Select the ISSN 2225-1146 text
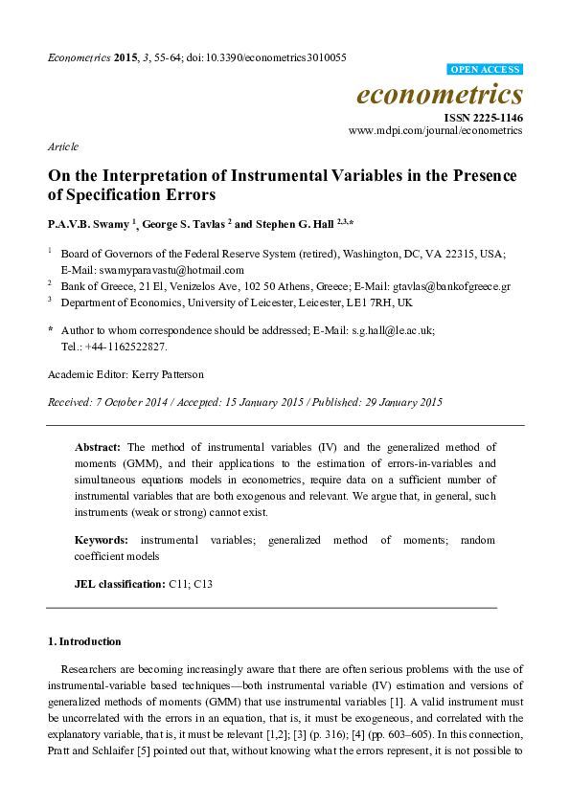coord(483,117)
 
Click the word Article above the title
coord(62,146)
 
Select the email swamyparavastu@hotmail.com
coord(164,270)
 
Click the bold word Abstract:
coord(98,447)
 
